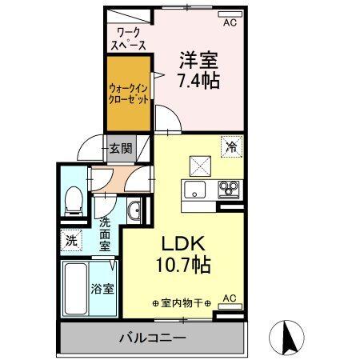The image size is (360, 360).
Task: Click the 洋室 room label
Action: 199,59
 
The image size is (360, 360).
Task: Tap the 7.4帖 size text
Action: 199,80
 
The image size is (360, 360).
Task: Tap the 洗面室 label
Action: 106,232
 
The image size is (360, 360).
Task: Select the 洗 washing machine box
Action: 70,238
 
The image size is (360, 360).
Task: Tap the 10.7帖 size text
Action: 184,265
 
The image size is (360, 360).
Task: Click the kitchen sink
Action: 196,190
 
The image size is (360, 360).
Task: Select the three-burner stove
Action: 229,190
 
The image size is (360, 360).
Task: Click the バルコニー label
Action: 149,338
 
